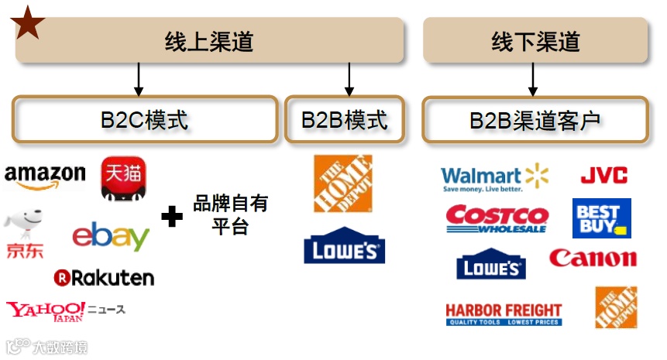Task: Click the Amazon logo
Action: (x=44, y=177)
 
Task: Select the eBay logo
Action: (x=111, y=236)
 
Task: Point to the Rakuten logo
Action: (x=104, y=277)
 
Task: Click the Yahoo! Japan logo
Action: (x=46, y=311)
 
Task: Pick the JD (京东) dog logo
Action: (x=24, y=233)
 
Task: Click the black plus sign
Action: (x=171, y=216)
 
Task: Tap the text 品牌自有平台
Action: (x=230, y=215)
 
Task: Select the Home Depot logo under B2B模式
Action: (x=342, y=183)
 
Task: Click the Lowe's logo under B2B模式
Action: (x=344, y=249)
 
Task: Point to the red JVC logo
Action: (x=603, y=175)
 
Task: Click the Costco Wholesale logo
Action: (x=497, y=219)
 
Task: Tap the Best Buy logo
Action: (x=601, y=218)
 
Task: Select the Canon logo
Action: (x=593, y=258)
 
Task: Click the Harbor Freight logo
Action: (x=504, y=314)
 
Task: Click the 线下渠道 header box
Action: (x=535, y=41)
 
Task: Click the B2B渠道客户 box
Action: (x=535, y=120)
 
